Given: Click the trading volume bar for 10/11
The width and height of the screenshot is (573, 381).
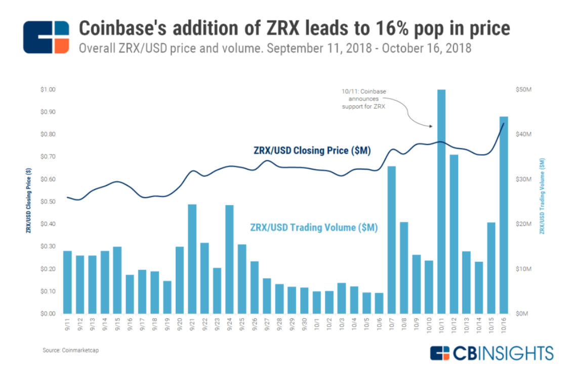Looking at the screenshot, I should click(441, 202).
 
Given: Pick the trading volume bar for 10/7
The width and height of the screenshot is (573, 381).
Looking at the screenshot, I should click(391, 240).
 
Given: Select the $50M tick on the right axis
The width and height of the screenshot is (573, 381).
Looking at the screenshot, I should click(524, 90).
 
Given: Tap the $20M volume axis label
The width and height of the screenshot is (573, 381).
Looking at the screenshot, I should click(524, 224).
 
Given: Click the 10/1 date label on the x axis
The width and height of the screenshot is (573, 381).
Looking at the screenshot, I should click(316, 323).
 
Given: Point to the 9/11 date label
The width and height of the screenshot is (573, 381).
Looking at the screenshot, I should click(67, 323).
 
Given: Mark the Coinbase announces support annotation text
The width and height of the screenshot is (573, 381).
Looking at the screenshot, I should click(363, 99).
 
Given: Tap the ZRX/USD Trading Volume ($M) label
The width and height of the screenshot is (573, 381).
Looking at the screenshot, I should click(314, 227).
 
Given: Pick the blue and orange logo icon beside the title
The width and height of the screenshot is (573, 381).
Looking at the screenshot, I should click(46, 37).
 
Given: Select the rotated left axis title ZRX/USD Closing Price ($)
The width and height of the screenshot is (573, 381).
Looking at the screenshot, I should click(28, 202).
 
